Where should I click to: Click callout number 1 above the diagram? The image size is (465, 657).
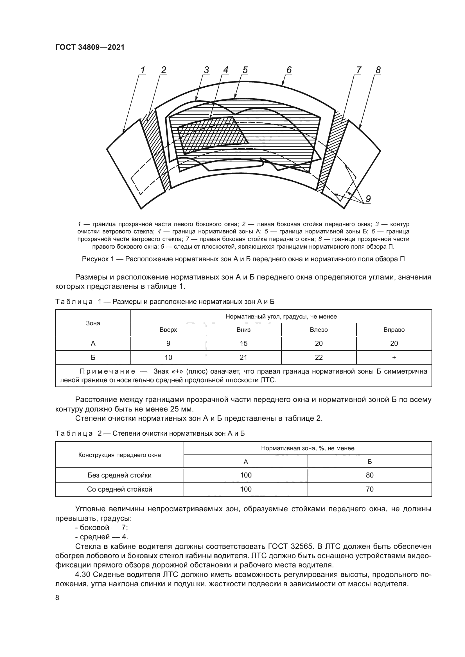143,70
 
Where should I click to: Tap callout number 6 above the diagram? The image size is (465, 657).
289,70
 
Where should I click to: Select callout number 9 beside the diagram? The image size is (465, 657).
368,199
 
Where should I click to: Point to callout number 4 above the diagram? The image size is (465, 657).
226,70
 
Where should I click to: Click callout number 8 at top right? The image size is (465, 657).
378,70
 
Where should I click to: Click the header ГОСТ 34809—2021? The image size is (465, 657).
90,47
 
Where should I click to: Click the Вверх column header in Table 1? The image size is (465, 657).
168,330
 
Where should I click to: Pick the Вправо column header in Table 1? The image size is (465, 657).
394,330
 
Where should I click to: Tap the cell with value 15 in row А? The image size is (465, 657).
244,343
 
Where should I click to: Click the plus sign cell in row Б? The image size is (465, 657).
394,357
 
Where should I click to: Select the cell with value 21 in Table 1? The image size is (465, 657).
244,357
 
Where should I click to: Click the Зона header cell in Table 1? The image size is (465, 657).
93,323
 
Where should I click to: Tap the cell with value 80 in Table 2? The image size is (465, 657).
370,475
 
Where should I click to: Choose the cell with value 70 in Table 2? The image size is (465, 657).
370,489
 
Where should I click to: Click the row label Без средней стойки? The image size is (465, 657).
119,475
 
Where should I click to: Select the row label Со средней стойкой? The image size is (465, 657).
119,489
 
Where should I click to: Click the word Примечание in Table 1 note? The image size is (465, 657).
107,371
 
